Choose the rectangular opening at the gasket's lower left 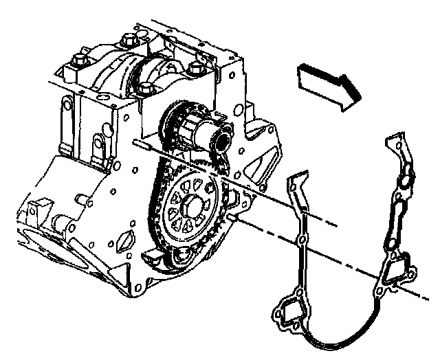[x=289, y=313]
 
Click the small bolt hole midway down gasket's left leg [x=300, y=240]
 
